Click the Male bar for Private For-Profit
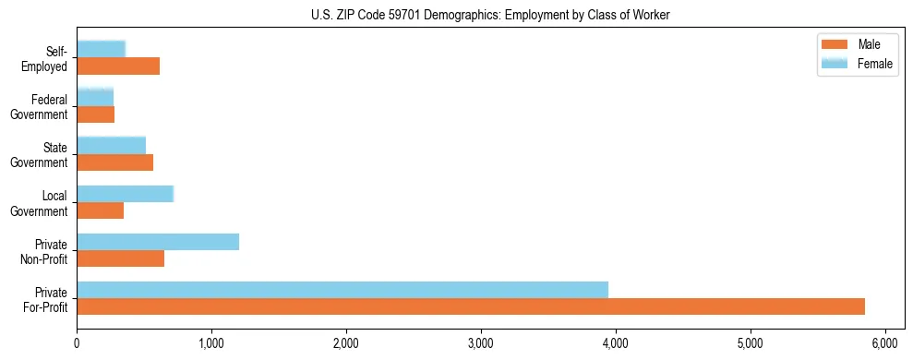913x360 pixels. (x=471, y=306)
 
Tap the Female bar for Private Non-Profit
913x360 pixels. (x=158, y=242)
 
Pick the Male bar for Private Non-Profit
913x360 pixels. (x=121, y=258)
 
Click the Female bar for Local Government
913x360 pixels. (x=125, y=194)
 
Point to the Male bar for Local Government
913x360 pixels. (x=101, y=210)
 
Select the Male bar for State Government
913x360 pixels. (x=115, y=162)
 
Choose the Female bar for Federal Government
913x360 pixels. (x=95, y=97)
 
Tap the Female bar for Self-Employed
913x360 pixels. (x=101, y=50)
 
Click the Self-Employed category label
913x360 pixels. (x=47, y=58)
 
